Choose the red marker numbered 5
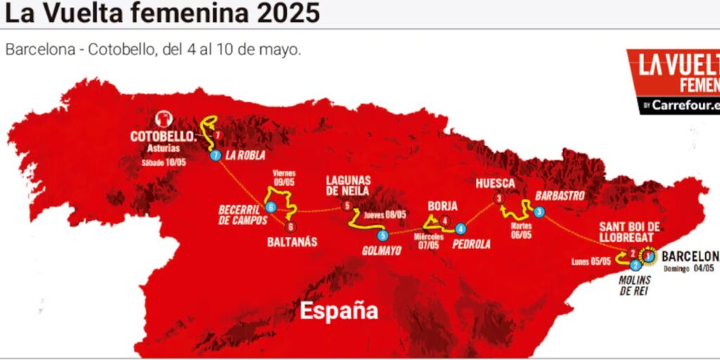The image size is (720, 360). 347,206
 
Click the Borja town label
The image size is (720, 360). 442,206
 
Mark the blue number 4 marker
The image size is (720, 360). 460,229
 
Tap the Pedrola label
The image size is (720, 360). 470,244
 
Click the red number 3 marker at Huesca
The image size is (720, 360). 499,199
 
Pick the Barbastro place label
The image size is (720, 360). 560,196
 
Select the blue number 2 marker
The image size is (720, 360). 635,265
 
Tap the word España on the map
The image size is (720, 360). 340,309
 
